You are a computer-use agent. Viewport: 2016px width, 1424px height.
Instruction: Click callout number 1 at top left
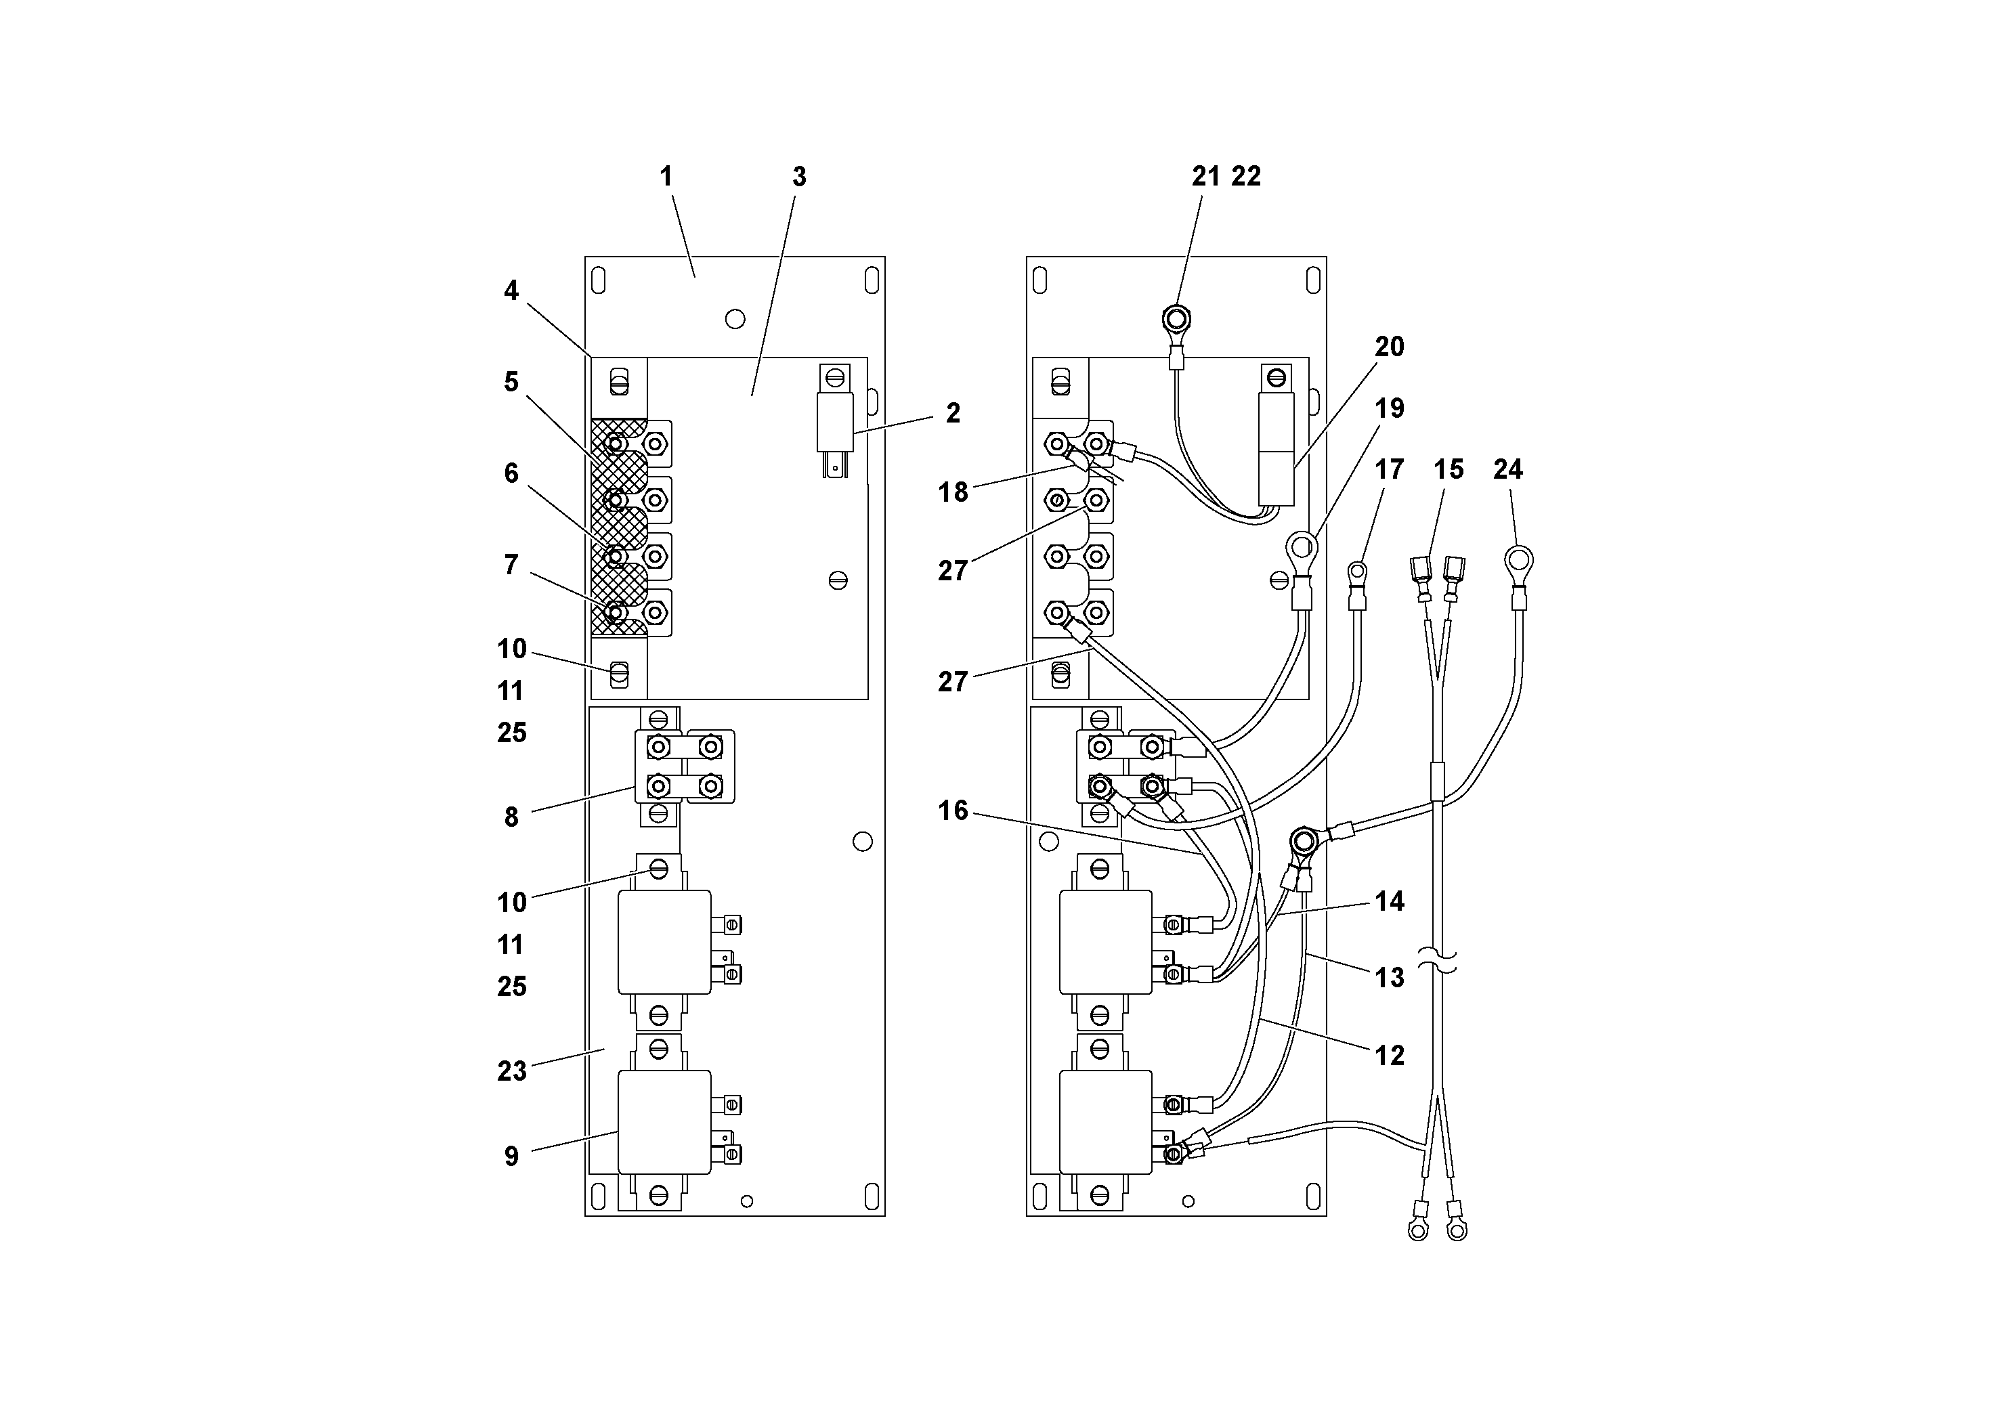point(666,177)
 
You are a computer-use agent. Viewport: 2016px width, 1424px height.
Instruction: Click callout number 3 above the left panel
point(798,177)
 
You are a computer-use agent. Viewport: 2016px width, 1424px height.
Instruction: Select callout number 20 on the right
point(1389,347)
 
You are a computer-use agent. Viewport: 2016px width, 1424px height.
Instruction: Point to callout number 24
point(1507,470)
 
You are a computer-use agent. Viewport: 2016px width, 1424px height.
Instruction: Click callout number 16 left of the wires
point(953,811)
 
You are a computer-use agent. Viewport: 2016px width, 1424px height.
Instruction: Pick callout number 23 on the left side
point(512,1071)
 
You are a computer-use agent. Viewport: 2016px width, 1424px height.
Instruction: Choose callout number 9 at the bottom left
point(512,1157)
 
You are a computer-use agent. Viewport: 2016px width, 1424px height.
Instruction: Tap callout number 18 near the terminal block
point(953,492)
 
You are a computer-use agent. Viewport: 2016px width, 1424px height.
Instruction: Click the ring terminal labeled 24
point(1518,560)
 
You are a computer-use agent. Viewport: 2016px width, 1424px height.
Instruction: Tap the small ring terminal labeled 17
point(1358,574)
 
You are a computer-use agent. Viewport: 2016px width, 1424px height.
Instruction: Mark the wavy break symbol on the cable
point(1438,962)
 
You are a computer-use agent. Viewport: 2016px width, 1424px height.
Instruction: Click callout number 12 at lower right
point(1389,1055)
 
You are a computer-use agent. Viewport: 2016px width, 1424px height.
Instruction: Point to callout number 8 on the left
point(512,817)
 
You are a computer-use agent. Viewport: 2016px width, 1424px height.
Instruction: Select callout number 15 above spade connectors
point(1448,470)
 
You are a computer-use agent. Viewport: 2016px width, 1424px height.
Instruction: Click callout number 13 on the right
point(1389,977)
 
